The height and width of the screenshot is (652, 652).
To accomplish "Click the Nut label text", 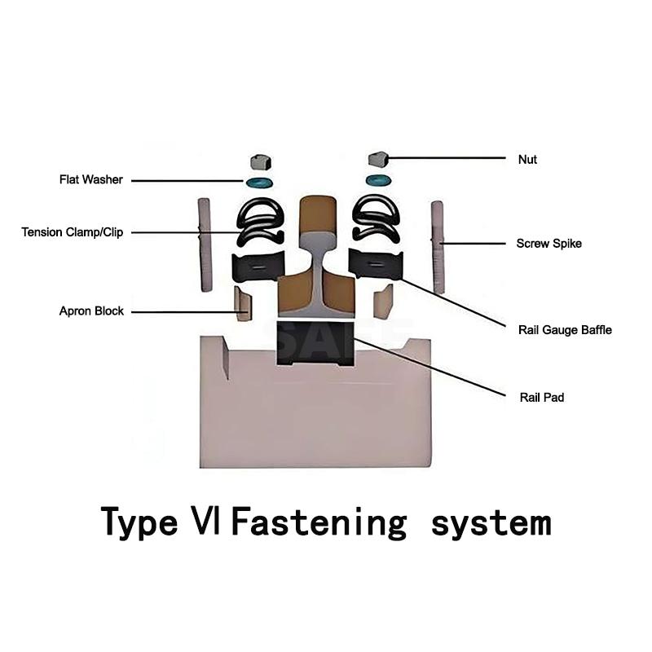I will click(x=527, y=160).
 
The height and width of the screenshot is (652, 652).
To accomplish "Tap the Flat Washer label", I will click(x=90, y=180).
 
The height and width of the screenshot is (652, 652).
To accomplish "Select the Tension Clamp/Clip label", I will click(x=72, y=232).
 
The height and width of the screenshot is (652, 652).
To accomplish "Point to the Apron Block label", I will click(x=91, y=311).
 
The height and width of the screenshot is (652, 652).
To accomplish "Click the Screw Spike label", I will click(x=549, y=244).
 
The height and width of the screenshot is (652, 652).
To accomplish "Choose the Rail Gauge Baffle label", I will click(x=565, y=330).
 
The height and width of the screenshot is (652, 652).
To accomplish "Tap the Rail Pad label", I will click(x=541, y=398).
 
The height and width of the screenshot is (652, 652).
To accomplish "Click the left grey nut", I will click(x=260, y=160).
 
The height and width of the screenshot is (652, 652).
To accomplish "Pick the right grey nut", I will click(x=377, y=158).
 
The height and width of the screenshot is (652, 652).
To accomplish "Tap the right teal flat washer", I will click(x=377, y=180).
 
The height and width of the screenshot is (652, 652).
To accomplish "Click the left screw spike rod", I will click(x=205, y=244).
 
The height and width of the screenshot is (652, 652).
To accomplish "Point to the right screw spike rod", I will click(x=438, y=246).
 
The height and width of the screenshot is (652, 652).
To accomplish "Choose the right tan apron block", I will click(x=383, y=302).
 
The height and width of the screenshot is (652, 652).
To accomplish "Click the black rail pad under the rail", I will click(x=315, y=341).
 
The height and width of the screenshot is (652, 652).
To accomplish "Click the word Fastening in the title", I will click(x=318, y=522).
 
